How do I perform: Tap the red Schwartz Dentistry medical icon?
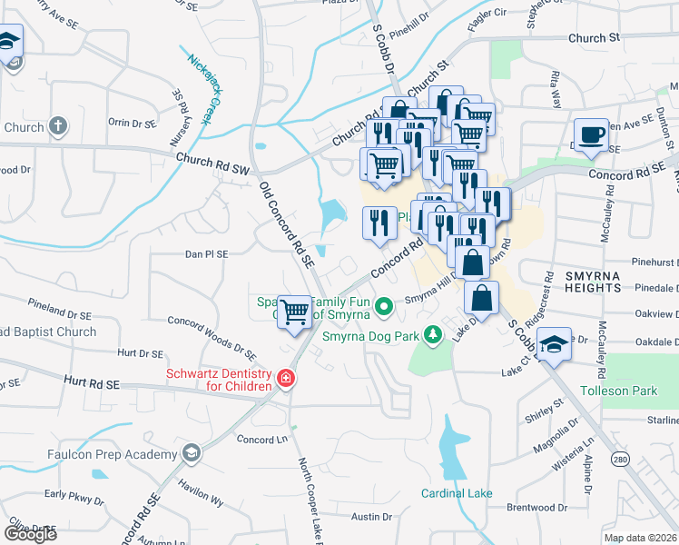pos(285,377)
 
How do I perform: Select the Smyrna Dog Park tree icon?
pos(433,336)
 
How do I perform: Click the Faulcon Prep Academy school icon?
pos(191,453)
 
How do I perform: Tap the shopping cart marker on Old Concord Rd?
pos(295,312)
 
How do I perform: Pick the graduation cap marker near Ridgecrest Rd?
pos(553,345)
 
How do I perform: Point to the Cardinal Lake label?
pos(456,494)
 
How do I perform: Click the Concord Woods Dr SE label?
pos(213,334)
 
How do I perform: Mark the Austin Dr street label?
pos(371,517)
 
